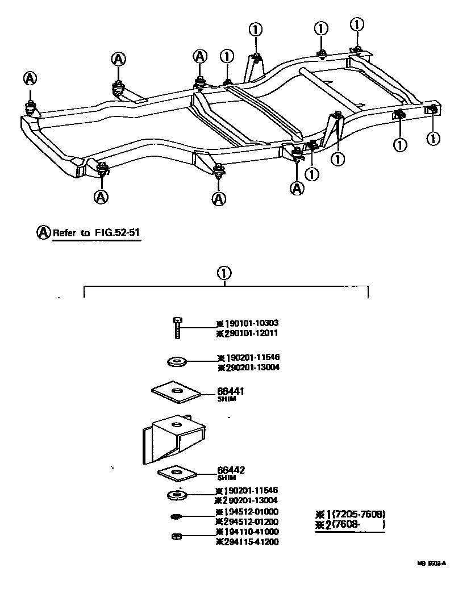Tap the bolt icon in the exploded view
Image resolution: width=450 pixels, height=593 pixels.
pyautogui.click(x=177, y=328)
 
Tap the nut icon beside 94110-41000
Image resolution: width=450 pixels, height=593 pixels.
pyautogui.click(x=176, y=536)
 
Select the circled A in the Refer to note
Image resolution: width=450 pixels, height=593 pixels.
pyautogui.click(x=43, y=232)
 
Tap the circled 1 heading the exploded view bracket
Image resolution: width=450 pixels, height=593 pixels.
pyautogui.click(x=224, y=273)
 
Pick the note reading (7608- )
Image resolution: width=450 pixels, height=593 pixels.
pyautogui.click(x=357, y=525)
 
